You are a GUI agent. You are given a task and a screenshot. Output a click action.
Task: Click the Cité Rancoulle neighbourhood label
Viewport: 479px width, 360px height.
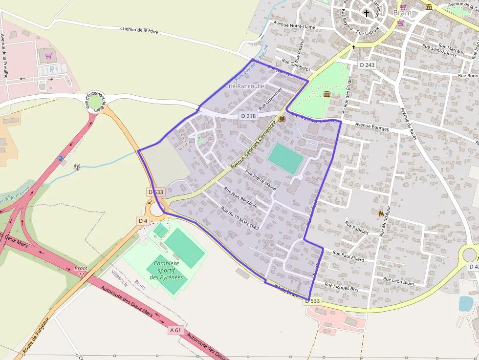click(x=244, y=86)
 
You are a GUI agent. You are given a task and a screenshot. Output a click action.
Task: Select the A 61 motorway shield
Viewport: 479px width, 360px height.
click(x=175, y=330)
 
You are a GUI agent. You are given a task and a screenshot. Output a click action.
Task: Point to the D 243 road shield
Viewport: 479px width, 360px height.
click(x=367, y=65)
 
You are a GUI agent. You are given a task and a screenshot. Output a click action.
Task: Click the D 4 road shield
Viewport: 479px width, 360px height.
click(x=143, y=221)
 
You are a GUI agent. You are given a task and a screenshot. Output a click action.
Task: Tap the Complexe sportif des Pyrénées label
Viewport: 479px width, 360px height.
click(x=167, y=270)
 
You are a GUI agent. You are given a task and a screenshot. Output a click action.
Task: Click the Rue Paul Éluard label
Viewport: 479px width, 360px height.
click(x=348, y=256)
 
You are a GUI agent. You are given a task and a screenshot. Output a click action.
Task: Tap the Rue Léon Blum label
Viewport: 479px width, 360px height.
click(x=398, y=281)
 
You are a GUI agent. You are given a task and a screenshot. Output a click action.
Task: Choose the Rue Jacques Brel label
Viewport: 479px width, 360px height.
click(x=342, y=288)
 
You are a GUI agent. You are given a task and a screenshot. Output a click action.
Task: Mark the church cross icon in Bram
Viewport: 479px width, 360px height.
click(x=367, y=13)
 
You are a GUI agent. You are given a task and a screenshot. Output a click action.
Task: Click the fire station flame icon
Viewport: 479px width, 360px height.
click(x=381, y=213)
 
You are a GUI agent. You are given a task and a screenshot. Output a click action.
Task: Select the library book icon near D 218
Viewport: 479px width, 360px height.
click(x=282, y=119)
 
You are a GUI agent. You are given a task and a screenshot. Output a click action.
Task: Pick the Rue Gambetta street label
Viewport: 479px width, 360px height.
click(x=296, y=64)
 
